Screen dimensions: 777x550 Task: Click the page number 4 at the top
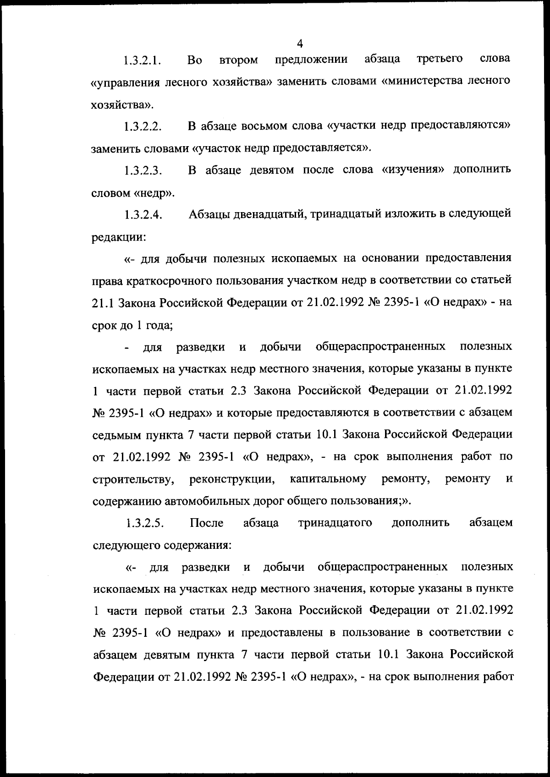coord(300,44)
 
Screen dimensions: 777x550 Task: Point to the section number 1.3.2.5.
coord(145,523)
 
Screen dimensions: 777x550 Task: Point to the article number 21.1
coord(103,302)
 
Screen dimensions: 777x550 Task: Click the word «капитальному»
coord(328,479)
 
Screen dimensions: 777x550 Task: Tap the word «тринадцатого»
coord(335,523)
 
